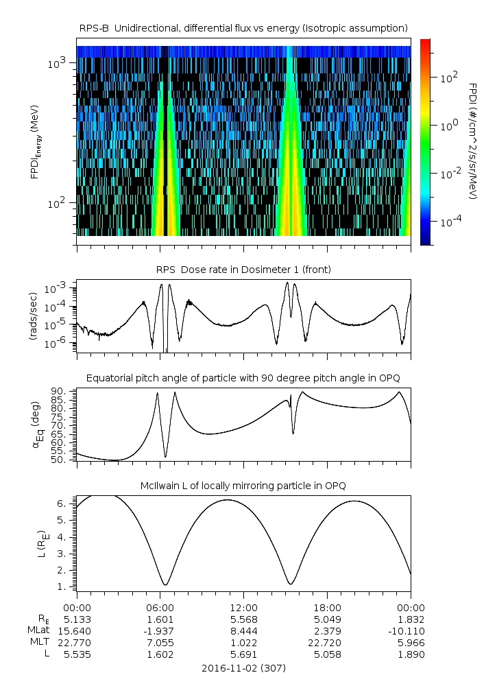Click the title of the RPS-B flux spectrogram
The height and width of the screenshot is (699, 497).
[243, 27]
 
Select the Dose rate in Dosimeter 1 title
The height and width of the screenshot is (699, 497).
[243, 270]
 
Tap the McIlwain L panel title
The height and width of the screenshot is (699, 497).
[243, 486]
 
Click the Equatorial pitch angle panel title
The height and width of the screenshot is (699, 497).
[243, 378]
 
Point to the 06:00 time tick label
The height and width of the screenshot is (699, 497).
[160, 607]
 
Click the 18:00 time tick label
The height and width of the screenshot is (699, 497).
[327, 607]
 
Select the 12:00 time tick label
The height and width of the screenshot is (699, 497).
[243, 607]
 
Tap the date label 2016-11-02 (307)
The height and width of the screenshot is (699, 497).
[243, 667]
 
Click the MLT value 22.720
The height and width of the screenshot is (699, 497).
[327, 642]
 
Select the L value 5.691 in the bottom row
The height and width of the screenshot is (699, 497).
[243, 654]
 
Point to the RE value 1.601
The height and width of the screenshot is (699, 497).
[160, 619]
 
